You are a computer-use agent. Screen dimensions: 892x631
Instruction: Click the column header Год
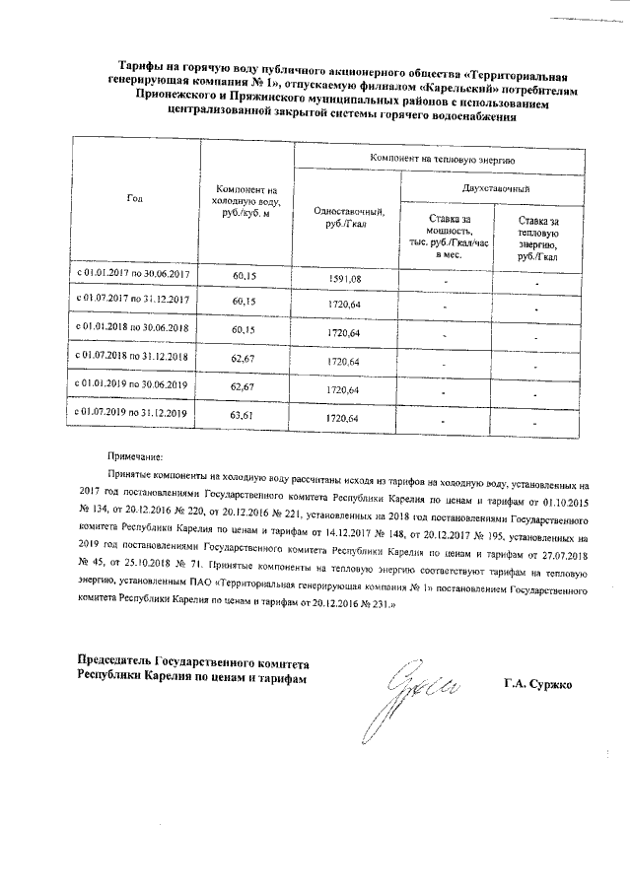(134, 199)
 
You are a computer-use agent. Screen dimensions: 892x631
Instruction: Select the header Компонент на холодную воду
(246, 201)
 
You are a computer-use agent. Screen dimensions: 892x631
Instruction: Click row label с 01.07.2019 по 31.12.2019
(133, 413)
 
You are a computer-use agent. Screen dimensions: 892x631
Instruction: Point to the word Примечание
(139, 457)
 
